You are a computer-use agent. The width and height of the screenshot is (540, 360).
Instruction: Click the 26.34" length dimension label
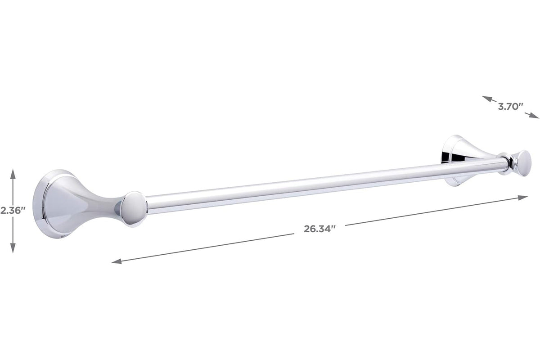(319, 229)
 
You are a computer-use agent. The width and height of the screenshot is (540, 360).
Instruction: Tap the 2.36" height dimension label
(13, 211)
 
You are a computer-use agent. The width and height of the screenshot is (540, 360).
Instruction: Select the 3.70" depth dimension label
(511, 106)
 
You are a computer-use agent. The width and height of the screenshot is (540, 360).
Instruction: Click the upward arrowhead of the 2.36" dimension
(13, 174)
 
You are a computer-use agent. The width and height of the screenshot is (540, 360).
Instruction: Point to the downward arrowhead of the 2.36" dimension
(13, 248)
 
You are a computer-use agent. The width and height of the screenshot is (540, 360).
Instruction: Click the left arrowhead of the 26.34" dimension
(117, 261)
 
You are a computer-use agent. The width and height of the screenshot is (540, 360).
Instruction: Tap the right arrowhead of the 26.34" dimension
(522, 198)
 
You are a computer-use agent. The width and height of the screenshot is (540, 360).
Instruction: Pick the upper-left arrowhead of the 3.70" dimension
(487, 99)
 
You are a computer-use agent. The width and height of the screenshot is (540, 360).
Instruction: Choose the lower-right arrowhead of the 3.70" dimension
(534, 116)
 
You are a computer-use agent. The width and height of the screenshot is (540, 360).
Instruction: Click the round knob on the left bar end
(134, 209)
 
